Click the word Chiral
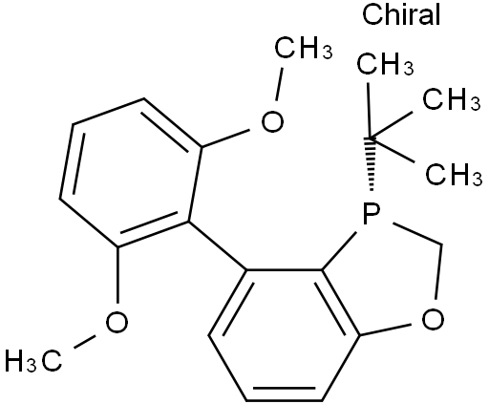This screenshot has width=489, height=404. [401, 14]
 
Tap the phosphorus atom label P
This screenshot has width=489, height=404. [372, 213]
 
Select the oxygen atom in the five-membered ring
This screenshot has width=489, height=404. [433, 320]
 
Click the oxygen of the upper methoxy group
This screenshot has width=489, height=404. [272, 121]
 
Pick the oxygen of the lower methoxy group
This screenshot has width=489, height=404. [117, 322]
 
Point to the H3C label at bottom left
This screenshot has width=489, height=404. [33, 361]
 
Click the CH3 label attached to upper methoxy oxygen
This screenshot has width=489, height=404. [304, 48]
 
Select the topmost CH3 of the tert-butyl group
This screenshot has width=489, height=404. [385, 64]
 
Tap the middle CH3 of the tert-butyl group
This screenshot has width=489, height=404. [452, 99]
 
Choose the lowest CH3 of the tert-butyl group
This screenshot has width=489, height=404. [454, 174]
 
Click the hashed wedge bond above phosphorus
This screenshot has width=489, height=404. [371, 164]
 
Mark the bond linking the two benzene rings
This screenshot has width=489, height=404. [218, 246]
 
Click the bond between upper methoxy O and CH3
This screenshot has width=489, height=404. [279, 84]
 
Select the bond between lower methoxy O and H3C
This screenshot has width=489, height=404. [85, 342]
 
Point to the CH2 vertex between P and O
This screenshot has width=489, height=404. [442, 245]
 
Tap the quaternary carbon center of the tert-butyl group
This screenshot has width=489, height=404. [370, 138]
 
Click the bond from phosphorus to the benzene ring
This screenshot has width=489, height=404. [339, 251]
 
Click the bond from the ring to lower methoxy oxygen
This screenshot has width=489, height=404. [117, 275]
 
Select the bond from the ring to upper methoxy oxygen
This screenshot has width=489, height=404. [225, 138]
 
